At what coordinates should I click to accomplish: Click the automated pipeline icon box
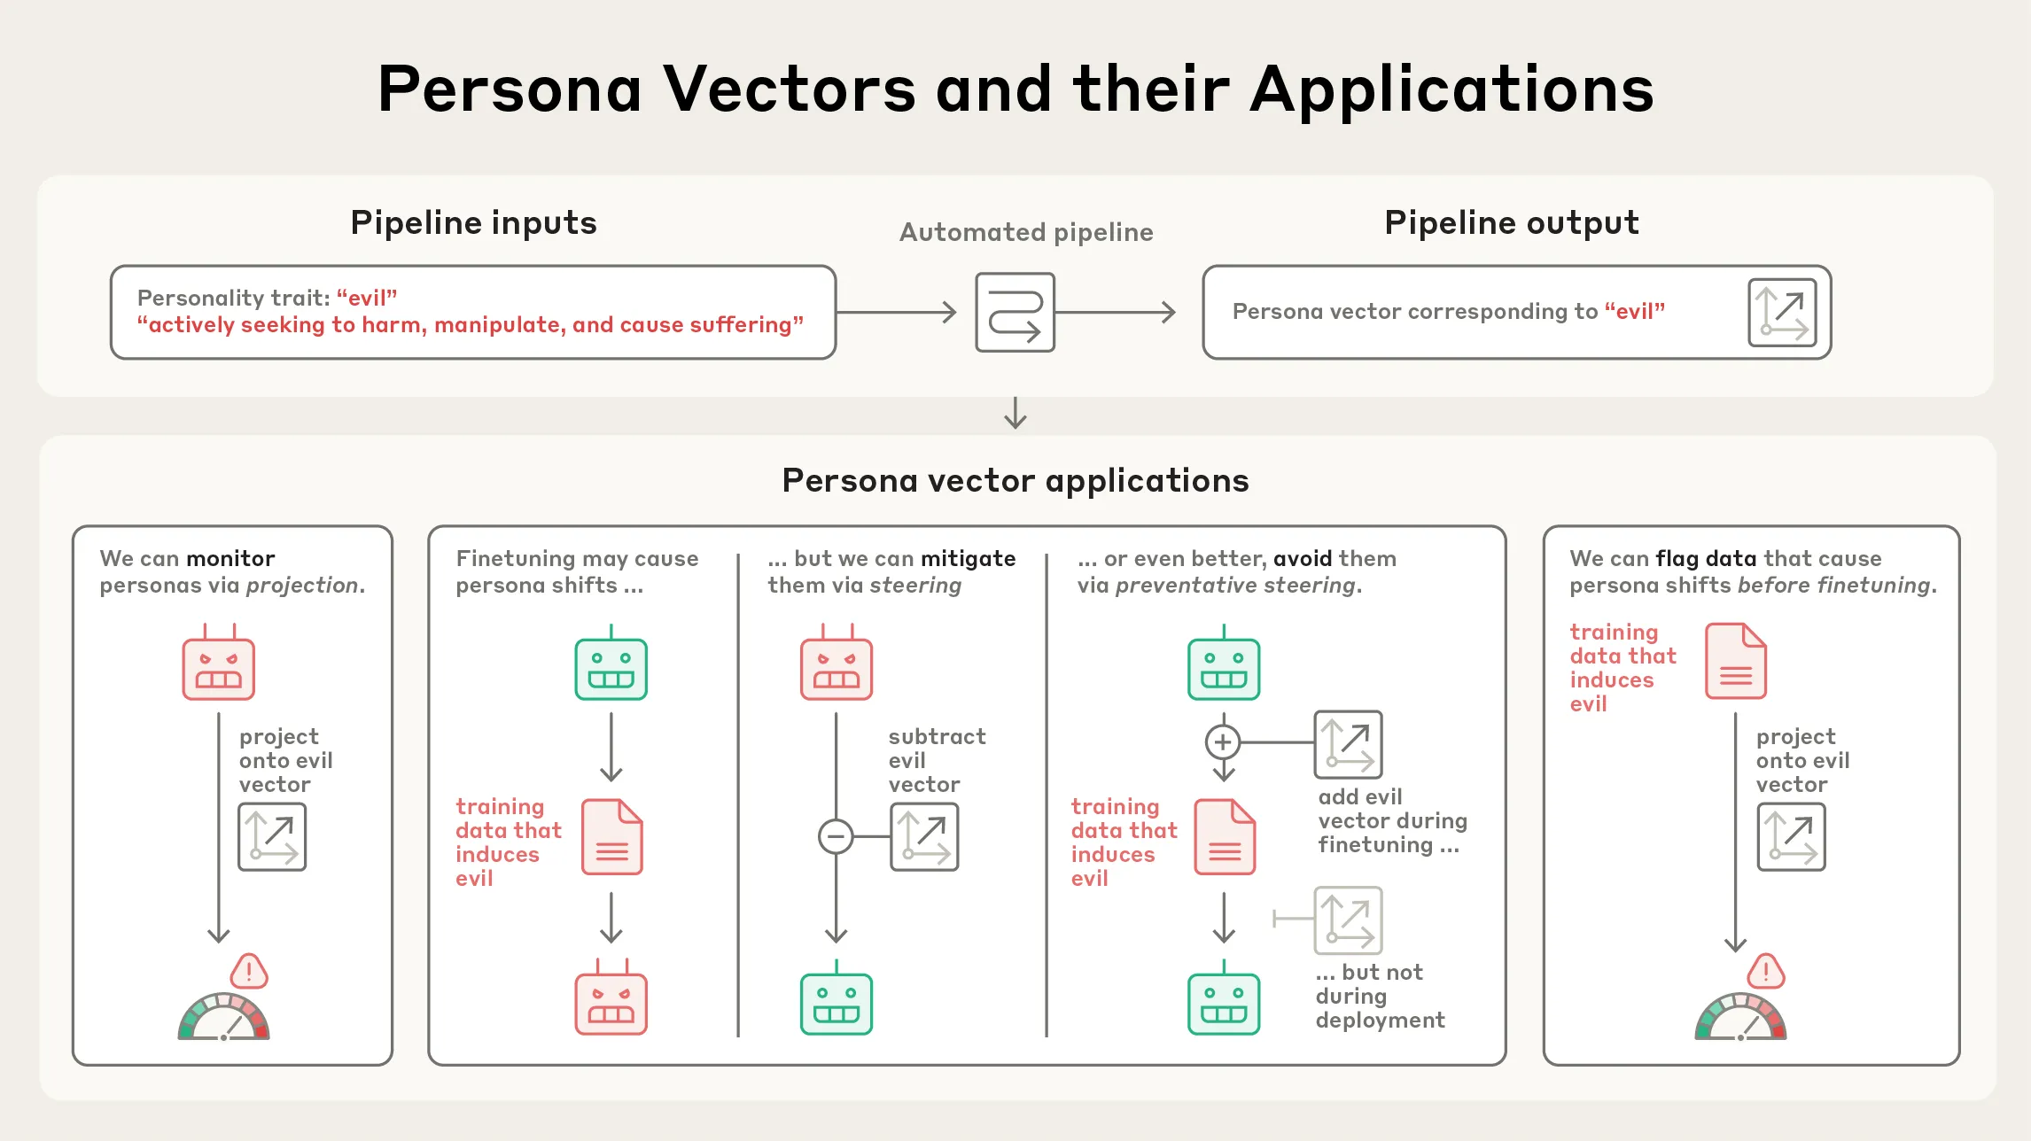1015,312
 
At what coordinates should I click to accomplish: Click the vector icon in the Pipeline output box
1781,312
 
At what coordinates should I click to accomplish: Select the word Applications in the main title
1451,89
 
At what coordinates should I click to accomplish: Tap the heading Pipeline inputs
473,222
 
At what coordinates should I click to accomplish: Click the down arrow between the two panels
1015,413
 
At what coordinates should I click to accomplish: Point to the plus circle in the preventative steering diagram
1223,741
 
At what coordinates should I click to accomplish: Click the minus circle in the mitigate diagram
836,836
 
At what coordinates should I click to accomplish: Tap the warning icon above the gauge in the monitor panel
249,972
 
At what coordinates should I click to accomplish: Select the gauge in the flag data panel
1740,1017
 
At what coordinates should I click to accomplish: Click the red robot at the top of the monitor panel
218,666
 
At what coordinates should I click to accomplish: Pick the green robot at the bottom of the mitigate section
836,1002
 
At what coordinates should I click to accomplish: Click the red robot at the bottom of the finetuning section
611,1002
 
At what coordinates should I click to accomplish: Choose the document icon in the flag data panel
1736,662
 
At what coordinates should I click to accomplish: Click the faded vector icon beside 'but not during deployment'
1348,920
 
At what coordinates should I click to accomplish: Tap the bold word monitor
230,558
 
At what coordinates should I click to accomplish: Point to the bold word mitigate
968,558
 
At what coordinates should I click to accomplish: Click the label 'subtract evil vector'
936,760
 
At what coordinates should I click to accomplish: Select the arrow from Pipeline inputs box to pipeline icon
896,312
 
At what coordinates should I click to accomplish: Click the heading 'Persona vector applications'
1015,480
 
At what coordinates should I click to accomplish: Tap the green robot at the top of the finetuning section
611,666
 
